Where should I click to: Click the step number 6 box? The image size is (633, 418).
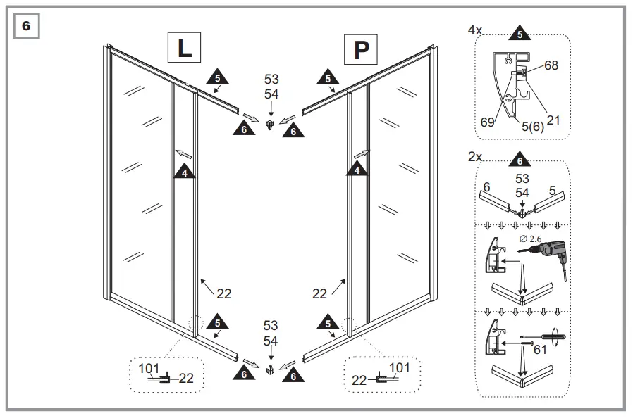pos(27,26)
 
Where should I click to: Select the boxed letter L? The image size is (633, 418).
pos(184,49)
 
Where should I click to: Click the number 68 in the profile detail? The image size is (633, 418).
pos(551,66)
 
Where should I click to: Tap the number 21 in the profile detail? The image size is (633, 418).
pos(553,120)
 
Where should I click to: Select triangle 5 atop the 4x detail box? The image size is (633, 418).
pos(519,34)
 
